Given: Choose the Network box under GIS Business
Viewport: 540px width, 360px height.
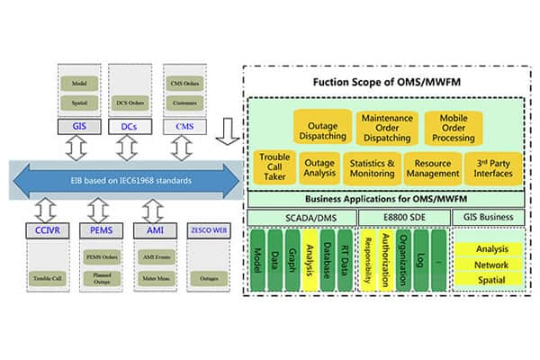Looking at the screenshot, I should [491, 265].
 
